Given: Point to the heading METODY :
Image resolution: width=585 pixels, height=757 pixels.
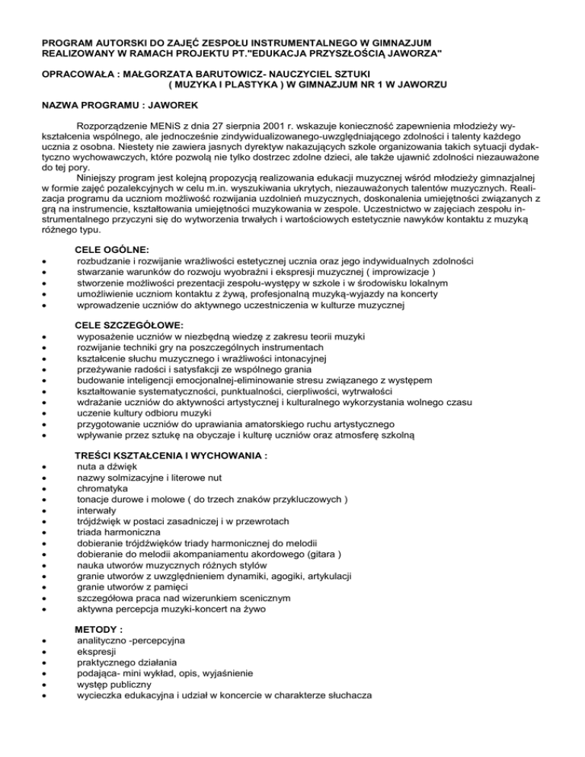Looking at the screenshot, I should (x=99, y=631).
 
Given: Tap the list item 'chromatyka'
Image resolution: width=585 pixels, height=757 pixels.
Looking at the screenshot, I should (x=104, y=488).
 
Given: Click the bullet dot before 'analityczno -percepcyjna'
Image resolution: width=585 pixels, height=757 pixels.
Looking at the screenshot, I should (x=47, y=643).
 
